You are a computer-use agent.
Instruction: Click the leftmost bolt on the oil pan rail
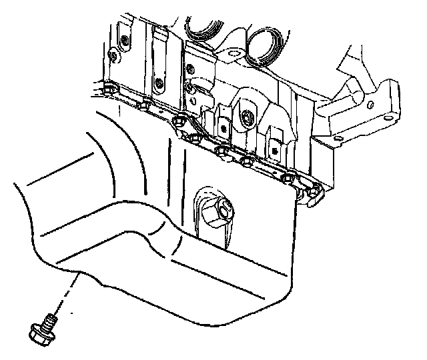pyautogui.click(x=109, y=89)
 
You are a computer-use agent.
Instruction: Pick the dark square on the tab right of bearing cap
pyautogui.click(x=274, y=143)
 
